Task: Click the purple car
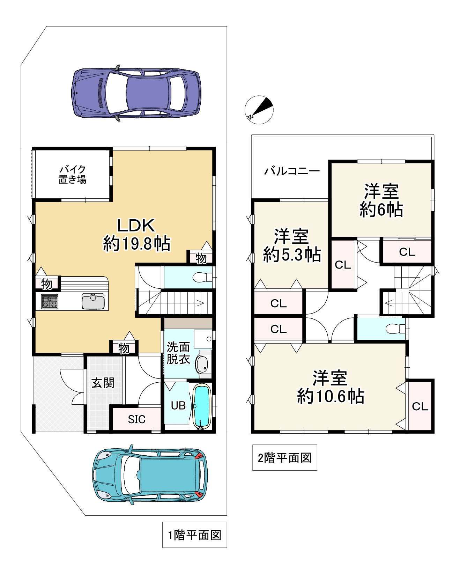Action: [136, 93]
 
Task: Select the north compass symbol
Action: [259, 110]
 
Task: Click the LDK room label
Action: [136, 226]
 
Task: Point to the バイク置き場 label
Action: [72, 174]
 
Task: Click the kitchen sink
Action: [93, 301]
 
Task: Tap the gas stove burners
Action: [50, 302]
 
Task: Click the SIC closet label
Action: [136, 419]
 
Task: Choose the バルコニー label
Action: [292, 171]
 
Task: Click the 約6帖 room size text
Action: [381, 209]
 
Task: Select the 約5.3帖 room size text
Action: [292, 254]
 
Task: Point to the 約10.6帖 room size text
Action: [331, 396]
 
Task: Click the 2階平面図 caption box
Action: [285, 458]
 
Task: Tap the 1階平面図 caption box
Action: [195, 535]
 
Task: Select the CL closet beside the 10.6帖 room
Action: [420, 406]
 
